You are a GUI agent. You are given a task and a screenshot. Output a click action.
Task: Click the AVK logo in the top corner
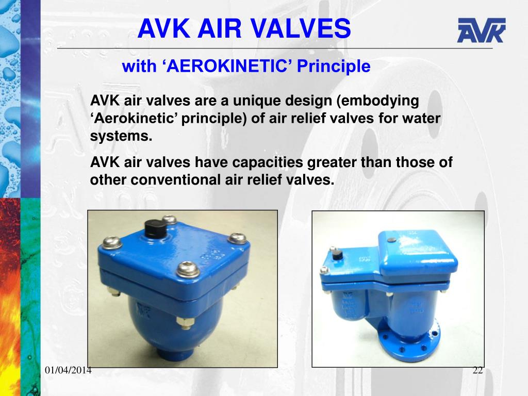[481, 30]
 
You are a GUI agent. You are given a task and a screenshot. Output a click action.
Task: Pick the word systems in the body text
[121, 137]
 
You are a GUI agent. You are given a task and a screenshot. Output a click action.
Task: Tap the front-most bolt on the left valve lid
[187, 269]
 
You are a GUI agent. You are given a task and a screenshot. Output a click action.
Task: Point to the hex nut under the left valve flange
[184, 323]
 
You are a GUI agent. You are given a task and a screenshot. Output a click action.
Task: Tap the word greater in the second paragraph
[334, 162]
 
